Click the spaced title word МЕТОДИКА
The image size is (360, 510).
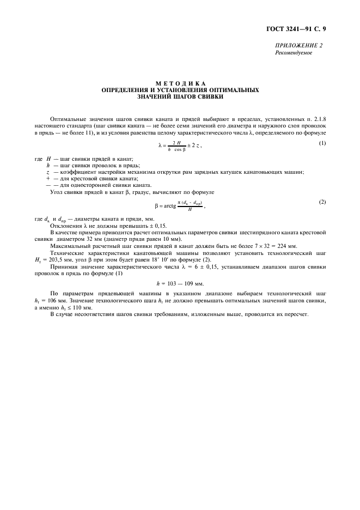pos(180,83)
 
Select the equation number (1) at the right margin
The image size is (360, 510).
pos(322,143)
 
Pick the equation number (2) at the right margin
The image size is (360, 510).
pos(322,202)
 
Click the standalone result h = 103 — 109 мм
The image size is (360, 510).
pos(180,283)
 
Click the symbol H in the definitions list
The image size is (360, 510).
pos(48,158)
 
